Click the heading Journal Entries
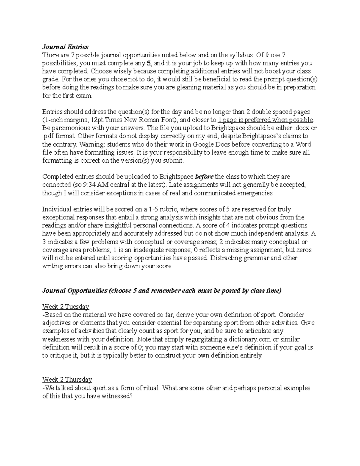click(65, 47)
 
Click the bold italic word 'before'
click(204, 177)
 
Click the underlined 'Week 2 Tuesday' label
click(66, 307)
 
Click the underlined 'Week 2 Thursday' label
click(67, 380)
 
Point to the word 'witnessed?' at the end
click(118, 396)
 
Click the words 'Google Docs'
click(208, 144)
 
